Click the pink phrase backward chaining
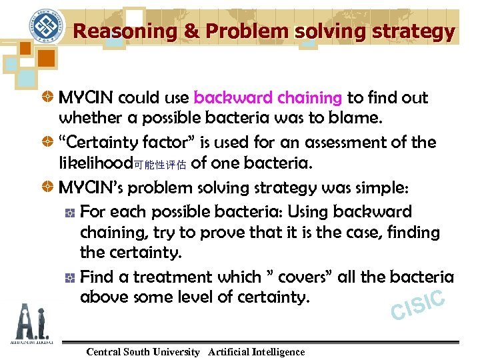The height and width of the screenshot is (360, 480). pyautogui.click(x=268, y=98)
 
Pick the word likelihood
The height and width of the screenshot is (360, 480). pyautogui.click(x=96, y=163)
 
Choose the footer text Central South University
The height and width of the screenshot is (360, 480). pyautogui.click(x=143, y=351)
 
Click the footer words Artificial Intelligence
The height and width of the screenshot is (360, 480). pyautogui.click(x=256, y=351)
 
